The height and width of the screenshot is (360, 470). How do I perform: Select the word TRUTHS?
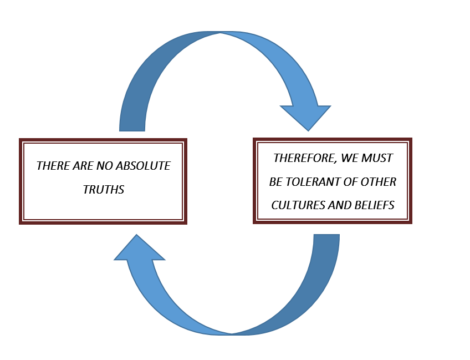(104, 189)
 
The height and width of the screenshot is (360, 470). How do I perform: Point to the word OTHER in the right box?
(380, 182)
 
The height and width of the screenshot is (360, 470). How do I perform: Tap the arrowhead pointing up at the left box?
(139, 250)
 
